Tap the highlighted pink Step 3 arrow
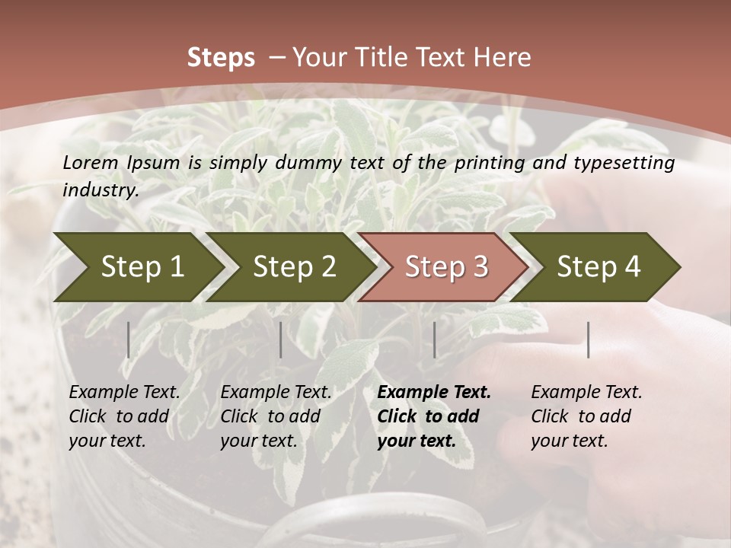click(x=446, y=266)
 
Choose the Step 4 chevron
click(x=599, y=266)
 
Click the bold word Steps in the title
click(x=221, y=58)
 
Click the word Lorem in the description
click(x=90, y=162)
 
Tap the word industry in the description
click(x=100, y=190)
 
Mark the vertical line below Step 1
click(x=129, y=339)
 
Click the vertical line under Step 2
click(x=281, y=339)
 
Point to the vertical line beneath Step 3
click(x=435, y=339)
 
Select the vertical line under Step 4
click(x=589, y=339)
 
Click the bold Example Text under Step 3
click(x=434, y=392)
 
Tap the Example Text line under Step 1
click(x=124, y=392)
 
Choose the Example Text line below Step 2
click(x=276, y=392)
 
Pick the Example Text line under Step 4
click(x=586, y=392)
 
